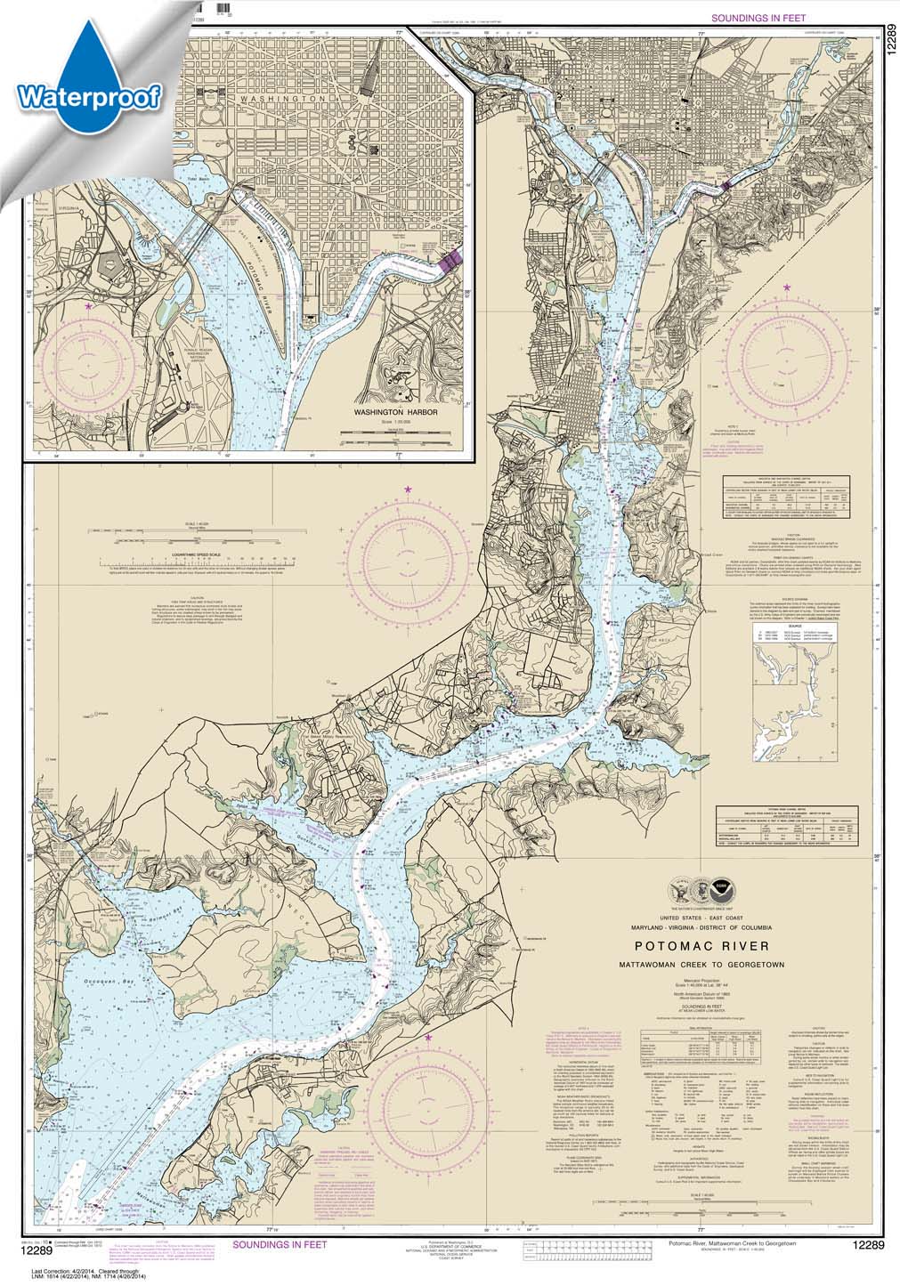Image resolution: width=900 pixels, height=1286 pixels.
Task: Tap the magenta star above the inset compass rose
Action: (87, 306)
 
